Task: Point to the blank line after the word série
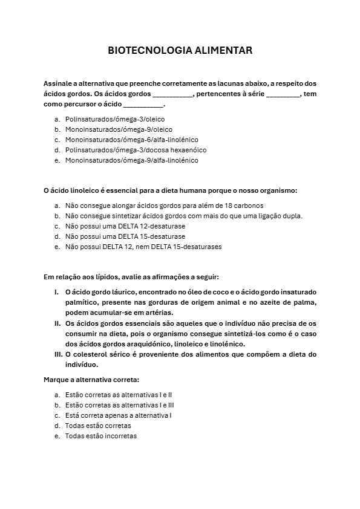[x=283, y=94]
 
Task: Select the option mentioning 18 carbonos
[x=164, y=206]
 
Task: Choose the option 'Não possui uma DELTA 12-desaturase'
[x=125, y=226]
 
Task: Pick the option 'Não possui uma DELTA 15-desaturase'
[x=125, y=236]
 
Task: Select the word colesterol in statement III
[x=90, y=354]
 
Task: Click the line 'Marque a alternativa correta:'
[x=91, y=380]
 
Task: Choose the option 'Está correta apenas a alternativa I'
[x=119, y=415]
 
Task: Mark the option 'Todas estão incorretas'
[x=101, y=436]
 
